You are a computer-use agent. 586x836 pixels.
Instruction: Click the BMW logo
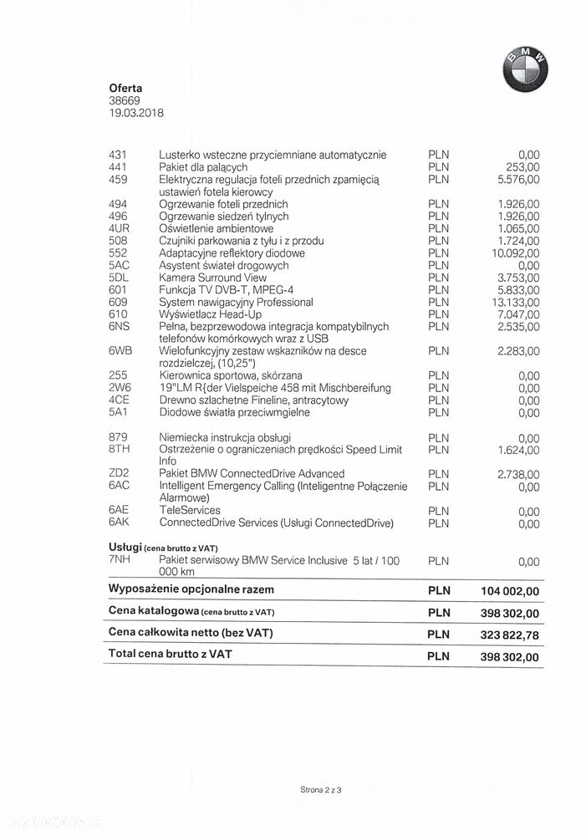526,69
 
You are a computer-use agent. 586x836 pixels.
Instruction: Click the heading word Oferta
125,88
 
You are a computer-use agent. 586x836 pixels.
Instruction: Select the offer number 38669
124,100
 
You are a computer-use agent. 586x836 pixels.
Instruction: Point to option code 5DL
118,278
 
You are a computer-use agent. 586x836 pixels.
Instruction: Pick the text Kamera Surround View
213,278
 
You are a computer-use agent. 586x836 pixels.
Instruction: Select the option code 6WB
120,351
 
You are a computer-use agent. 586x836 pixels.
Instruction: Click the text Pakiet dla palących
203,167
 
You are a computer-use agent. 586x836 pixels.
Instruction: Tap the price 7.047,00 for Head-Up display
518,314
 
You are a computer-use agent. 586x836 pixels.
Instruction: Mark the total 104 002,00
510,591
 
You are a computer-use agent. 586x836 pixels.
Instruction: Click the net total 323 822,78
510,635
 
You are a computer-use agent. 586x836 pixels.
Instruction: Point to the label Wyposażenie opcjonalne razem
191,589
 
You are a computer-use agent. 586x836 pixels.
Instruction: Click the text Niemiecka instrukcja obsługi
225,437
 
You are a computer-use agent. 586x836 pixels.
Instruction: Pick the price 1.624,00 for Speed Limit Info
518,450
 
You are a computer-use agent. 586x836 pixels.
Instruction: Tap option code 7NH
118,560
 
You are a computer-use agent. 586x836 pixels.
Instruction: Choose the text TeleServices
190,510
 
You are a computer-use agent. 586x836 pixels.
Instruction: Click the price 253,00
524,167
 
